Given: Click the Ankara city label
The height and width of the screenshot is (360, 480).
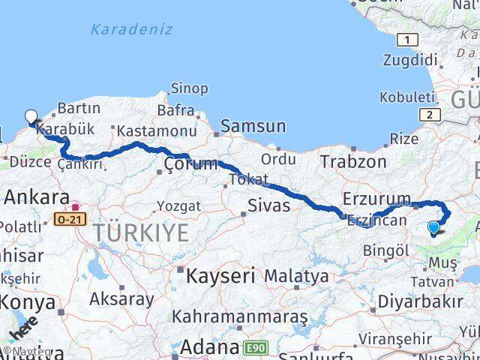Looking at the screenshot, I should [37, 197].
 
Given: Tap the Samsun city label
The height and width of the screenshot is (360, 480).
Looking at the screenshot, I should [253, 127].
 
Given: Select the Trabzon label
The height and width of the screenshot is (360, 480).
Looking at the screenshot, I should [353, 160].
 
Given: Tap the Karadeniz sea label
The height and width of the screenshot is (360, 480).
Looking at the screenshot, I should [131, 30].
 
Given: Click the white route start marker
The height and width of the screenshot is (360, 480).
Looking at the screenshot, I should [31, 117].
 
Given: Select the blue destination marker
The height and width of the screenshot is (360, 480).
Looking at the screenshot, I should [433, 228].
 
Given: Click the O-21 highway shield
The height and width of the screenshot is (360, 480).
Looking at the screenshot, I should [70, 219].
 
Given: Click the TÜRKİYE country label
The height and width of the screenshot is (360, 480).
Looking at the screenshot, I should [141, 233].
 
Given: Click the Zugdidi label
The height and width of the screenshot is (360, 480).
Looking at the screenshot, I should [409, 60].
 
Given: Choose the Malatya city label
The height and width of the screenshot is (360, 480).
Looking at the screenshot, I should [296, 276].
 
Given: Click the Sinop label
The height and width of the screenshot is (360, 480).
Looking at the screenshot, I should [189, 88].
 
